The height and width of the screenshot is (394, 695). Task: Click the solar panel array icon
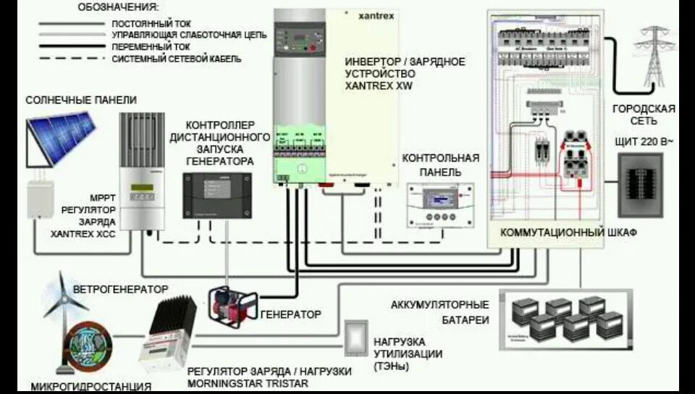pos(62,138)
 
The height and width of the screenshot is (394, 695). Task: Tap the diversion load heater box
pos(355,338)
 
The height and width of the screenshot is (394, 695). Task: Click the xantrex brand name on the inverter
pos(376,15)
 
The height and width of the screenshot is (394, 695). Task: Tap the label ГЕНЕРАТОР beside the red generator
pos(290,314)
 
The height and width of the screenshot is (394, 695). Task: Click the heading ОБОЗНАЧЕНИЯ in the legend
pos(117,7)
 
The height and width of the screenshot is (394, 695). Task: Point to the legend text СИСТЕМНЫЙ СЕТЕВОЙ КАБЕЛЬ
pos(177,59)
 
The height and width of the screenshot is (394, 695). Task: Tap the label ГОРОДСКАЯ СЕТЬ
pos(644,115)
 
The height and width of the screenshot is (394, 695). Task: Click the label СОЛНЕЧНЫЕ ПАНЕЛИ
pos(81,99)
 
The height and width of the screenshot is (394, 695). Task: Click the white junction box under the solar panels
pos(42,198)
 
